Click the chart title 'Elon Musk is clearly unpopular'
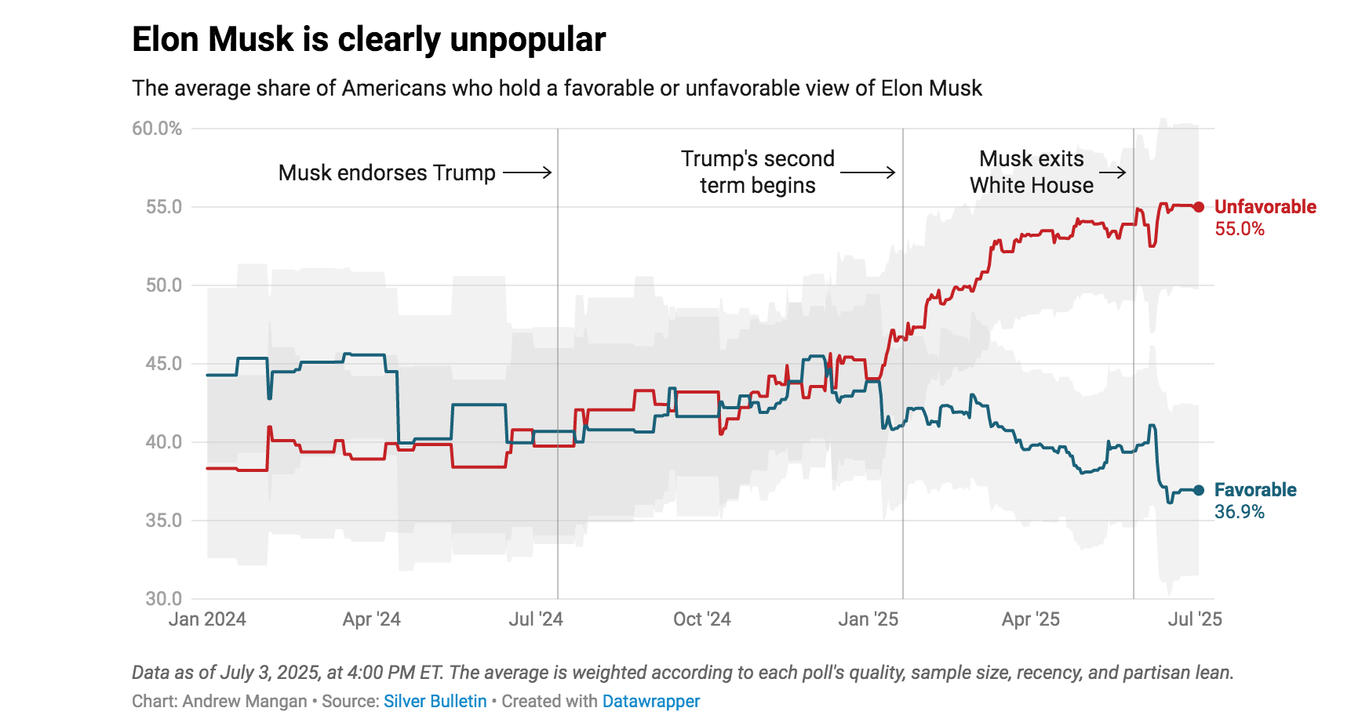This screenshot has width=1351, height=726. tap(369, 39)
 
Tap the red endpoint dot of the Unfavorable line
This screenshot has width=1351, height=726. tap(1198, 207)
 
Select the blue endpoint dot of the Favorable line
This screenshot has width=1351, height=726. tap(1198, 490)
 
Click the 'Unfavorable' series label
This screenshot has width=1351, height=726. tap(1265, 207)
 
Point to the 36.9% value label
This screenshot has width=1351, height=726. tap(1239, 512)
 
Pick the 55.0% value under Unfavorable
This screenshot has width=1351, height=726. tap(1239, 229)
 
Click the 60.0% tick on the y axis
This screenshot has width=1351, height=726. tap(157, 129)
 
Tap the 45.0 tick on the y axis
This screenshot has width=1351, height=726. tap(163, 364)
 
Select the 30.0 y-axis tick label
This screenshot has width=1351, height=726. tap(163, 599)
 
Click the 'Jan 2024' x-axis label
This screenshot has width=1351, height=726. tap(207, 619)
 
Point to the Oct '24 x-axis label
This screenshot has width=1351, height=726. tap(701, 619)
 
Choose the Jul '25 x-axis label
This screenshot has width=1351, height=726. tap(1194, 619)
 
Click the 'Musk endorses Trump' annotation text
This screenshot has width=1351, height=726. tap(387, 172)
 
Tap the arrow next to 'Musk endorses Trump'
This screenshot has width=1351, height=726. tap(527, 172)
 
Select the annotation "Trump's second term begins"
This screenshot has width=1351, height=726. tap(757, 172)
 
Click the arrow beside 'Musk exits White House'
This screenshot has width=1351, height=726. tap(1112, 172)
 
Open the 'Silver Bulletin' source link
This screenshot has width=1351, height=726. tap(435, 701)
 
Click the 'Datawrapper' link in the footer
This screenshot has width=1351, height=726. tap(650, 701)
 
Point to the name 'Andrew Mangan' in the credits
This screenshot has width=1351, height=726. tap(244, 701)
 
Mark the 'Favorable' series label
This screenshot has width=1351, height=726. tap(1254, 490)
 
